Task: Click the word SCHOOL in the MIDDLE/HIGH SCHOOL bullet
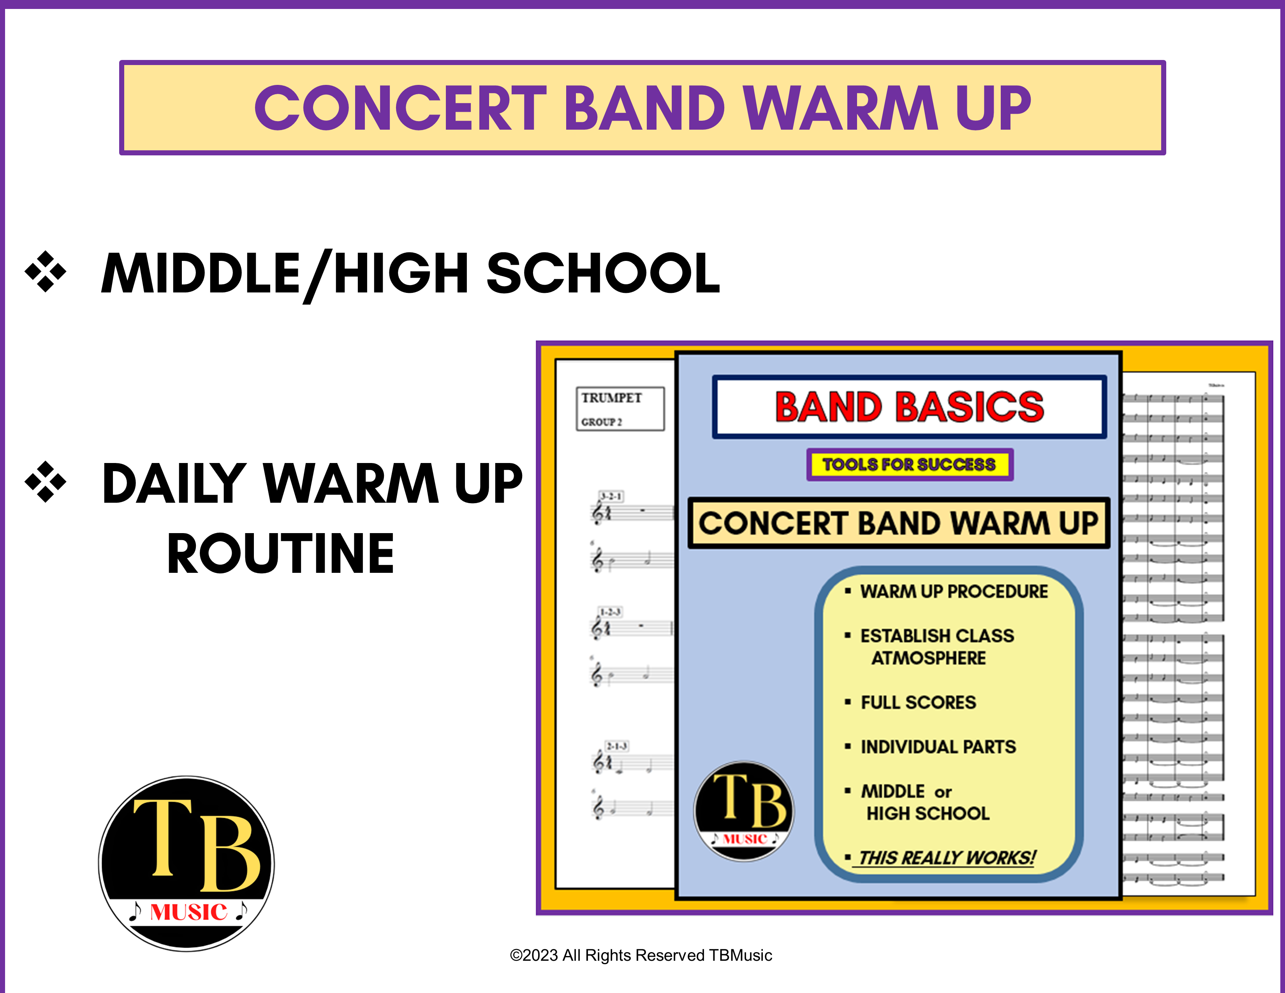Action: (603, 273)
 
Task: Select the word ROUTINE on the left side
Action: (281, 554)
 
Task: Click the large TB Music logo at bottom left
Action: (187, 863)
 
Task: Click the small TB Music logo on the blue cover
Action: (744, 811)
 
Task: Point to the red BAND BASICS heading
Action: (909, 407)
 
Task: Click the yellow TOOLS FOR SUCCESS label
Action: (909, 465)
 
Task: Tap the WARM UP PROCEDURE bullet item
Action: (953, 591)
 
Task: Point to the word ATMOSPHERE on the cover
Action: (928, 658)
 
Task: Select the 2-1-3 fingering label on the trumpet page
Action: (617, 747)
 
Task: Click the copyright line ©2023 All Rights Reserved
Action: (641, 955)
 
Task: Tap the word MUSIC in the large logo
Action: (188, 912)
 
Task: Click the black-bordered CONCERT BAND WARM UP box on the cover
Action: (898, 523)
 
